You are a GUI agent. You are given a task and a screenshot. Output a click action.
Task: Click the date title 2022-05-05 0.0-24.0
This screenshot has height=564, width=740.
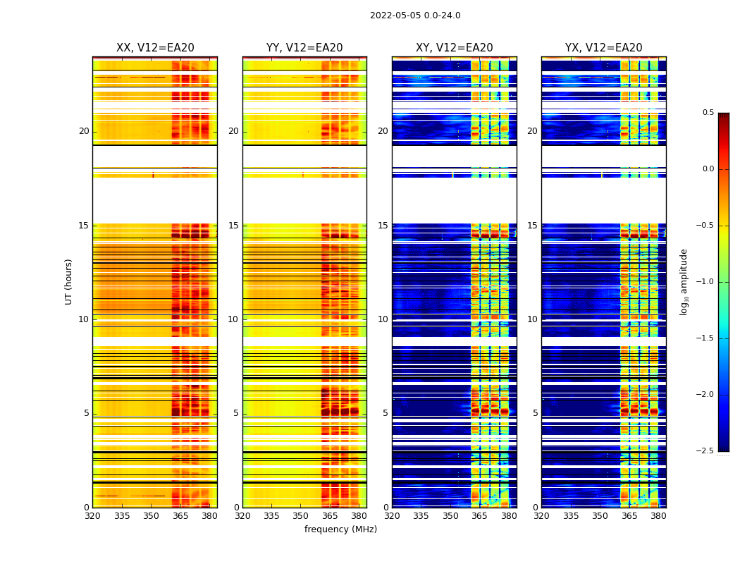pyautogui.click(x=415, y=16)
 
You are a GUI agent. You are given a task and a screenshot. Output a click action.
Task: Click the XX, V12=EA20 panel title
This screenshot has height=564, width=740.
pyautogui.click(x=155, y=48)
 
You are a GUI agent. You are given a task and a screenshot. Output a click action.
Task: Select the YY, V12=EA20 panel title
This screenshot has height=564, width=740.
pyautogui.click(x=304, y=48)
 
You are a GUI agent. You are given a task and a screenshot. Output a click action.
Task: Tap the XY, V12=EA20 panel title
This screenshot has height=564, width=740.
pyautogui.click(x=454, y=48)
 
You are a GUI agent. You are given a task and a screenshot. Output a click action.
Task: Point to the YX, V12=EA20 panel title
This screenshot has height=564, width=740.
pyautogui.click(x=603, y=48)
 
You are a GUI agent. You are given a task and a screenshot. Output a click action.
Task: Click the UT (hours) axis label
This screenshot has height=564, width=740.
pyautogui.click(x=68, y=281)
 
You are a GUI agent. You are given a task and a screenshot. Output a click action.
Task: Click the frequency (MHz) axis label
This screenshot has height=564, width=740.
pyautogui.click(x=340, y=529)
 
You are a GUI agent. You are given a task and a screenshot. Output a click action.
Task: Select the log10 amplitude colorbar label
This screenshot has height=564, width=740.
pyautogui.click(x=684, y=281)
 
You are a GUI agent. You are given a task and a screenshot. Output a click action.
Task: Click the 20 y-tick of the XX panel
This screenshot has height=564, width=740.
pyautogui.click(x=84, y=131)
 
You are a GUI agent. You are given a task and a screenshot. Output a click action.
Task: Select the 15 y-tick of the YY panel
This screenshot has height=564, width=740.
pyautogui.click(x=233, y=226)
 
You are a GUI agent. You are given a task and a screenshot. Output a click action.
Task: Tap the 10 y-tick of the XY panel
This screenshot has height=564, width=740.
pyautogui.click(x=383, y=319)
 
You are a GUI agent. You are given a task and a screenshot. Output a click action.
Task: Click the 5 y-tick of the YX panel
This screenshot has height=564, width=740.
pyautogui.click(x=535, y=413)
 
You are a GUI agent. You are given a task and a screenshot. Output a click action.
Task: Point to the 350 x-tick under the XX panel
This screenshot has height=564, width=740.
pyautogui.click(x=151, y=516)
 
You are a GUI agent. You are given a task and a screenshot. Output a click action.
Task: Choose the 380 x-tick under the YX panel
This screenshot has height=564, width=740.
pyautogui.click(x=658, y=516)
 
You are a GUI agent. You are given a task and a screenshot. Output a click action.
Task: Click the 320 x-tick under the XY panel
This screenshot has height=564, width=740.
pyautogui.click(x=392, y=516)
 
